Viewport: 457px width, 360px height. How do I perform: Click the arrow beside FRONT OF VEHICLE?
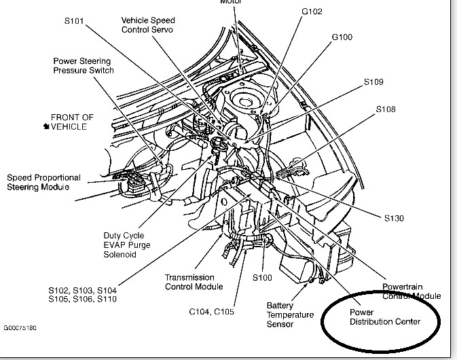[x=45, y=126]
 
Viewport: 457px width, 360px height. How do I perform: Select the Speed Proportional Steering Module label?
[x=43, y=181]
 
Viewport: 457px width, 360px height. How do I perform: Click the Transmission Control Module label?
[x=190, y=282]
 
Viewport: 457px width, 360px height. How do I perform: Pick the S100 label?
[x=263, y=278]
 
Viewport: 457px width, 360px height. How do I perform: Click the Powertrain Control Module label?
[x=410, y=291]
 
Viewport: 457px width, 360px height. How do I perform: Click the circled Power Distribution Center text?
[x=385, y=317]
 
